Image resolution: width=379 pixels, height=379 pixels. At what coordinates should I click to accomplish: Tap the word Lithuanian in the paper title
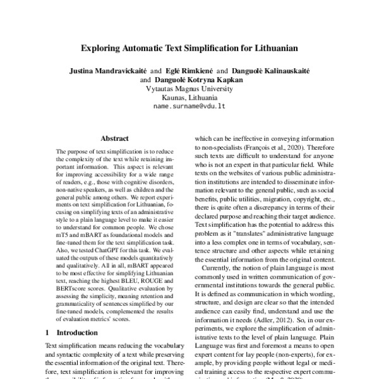270,47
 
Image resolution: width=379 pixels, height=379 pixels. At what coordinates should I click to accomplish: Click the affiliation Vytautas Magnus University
189,89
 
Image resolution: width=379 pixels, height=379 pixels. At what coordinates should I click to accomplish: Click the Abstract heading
116,138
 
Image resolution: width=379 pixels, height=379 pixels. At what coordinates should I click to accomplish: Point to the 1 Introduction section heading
67,332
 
